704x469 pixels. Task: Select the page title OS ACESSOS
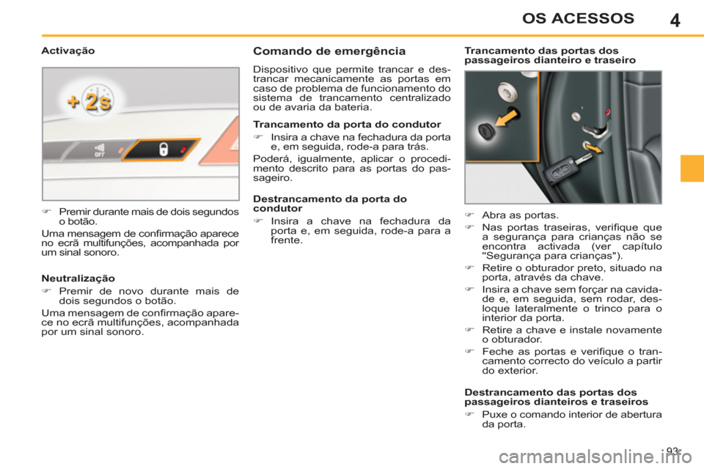(583, 18)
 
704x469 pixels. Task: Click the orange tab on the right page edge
(692, 168)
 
